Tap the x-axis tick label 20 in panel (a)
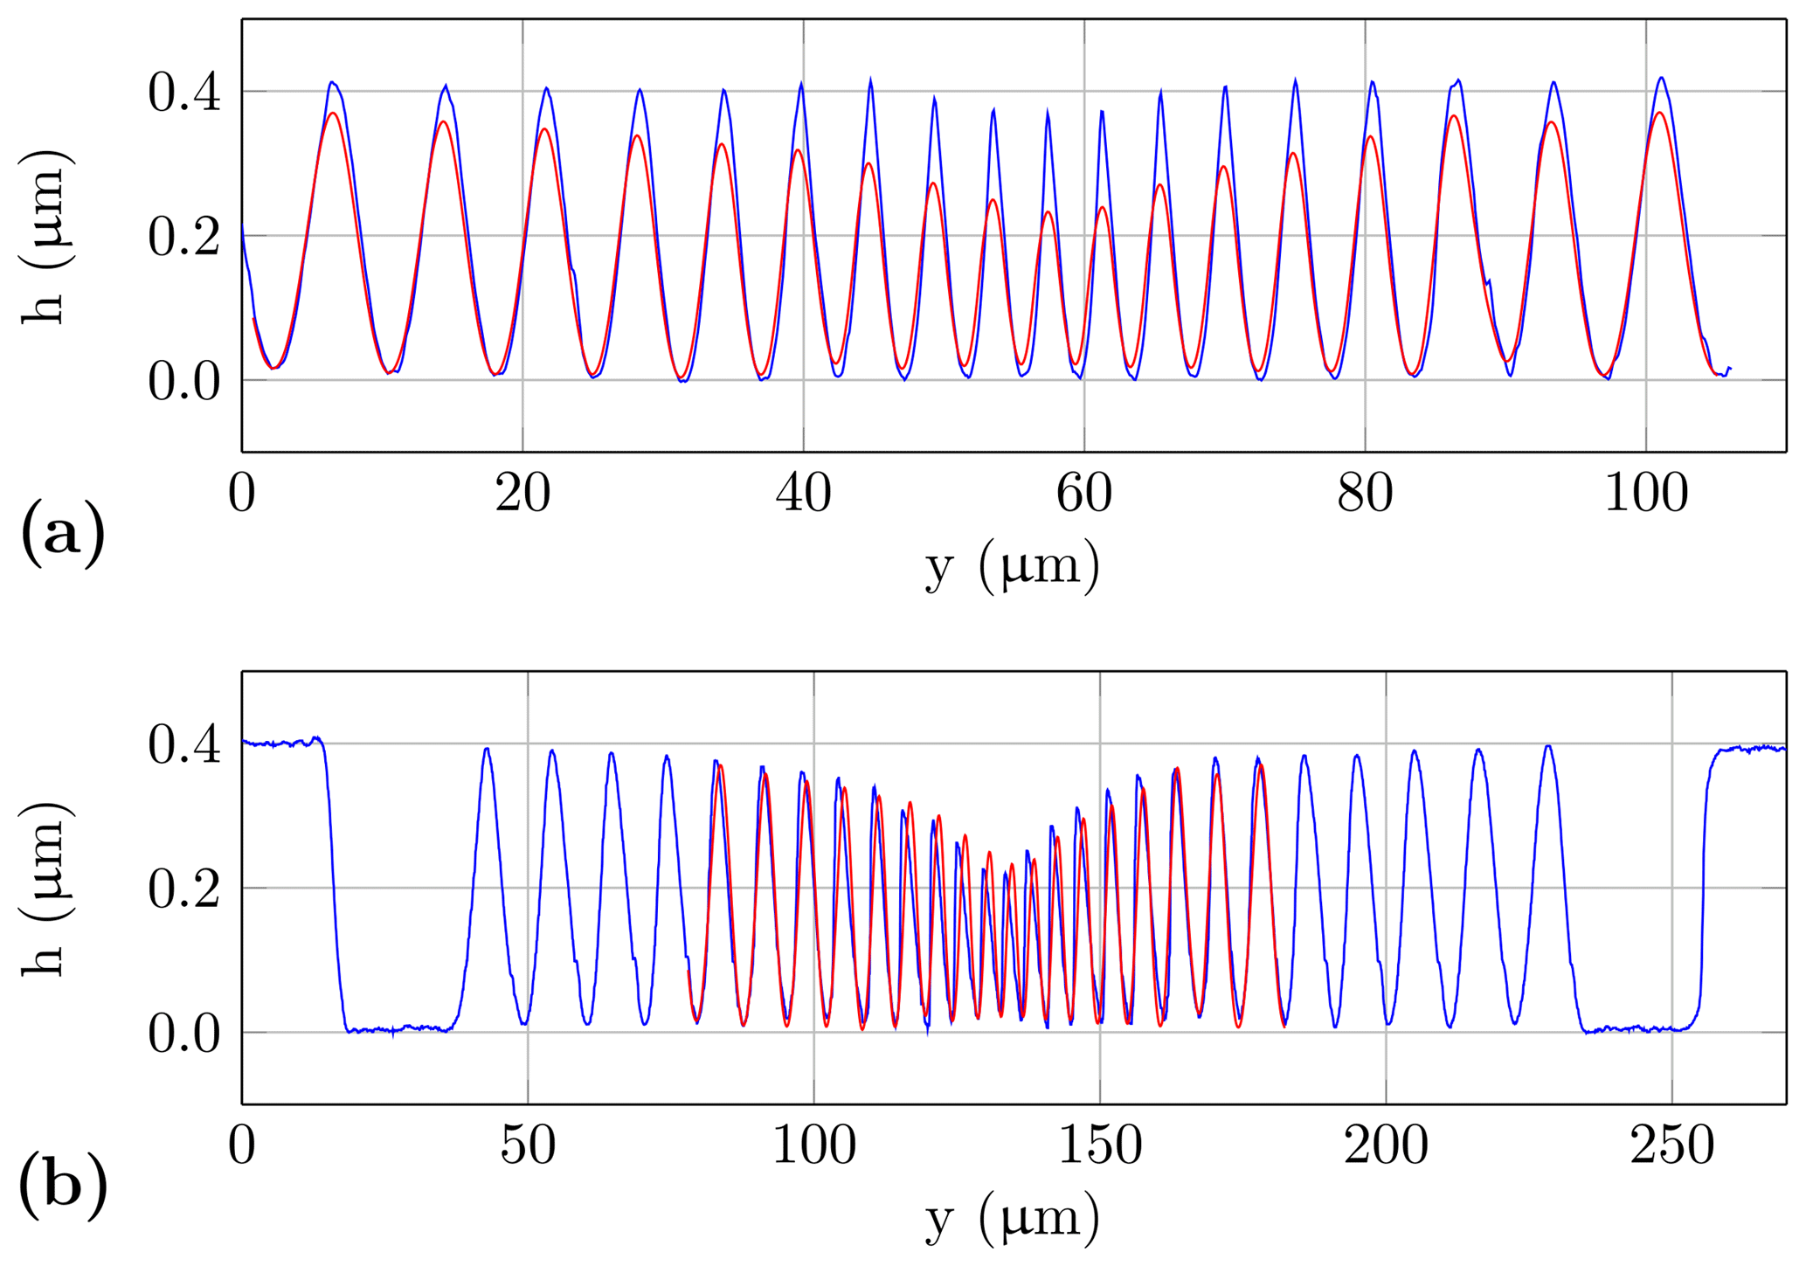[x=522, y=494]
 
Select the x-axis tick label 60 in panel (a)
[x=1083, y=494]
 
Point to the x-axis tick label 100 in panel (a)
[x=1646, y=494]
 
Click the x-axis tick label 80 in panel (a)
[x=1365, y=494]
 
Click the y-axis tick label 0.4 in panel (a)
[x=183, y=93]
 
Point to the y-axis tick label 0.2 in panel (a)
[x=183, y=237]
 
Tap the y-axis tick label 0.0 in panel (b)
[x=183, y=1034]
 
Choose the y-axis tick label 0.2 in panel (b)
[x=183, y=889]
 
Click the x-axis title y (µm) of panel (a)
[x=1013, y=568]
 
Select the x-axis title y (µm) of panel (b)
[x=1013, y=1220]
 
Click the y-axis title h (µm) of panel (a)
[x=45, y=236]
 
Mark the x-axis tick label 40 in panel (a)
[x=803, y=494]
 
